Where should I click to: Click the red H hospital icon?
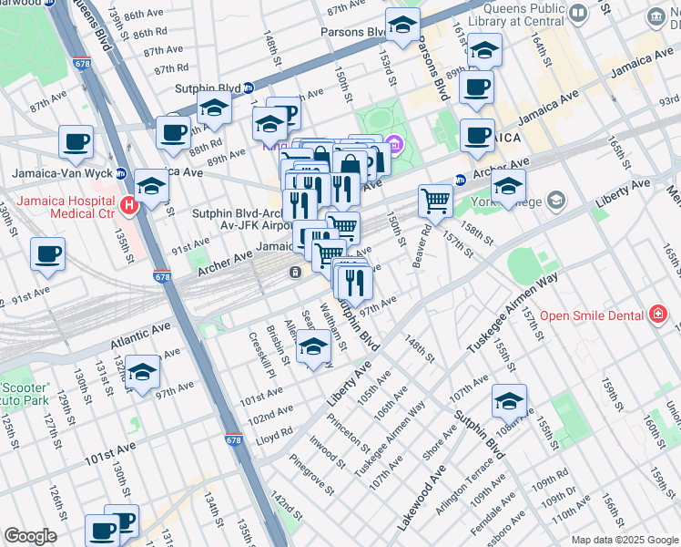point(129,206)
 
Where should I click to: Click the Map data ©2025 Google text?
point(624,540)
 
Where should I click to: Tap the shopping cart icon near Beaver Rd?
point(436,201)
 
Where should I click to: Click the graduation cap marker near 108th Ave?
point(509,400)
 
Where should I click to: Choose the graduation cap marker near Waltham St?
point(313,347)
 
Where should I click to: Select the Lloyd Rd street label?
point(274,435)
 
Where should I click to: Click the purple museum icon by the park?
point(393,144)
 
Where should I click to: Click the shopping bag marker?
point(349,167)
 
